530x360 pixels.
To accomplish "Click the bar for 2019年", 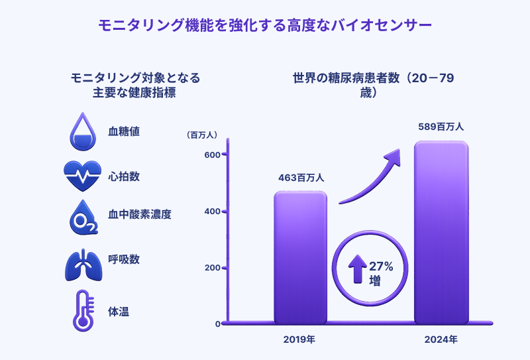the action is [x=300, y=257].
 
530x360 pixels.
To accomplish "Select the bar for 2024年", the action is [x=441, y=233].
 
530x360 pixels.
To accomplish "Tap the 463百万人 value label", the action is [x=301, y=178].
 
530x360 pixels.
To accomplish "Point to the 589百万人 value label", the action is [x=441, y=127].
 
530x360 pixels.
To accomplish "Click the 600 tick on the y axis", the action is [x=212, y=155].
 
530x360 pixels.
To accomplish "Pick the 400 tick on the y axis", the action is [x=212, y=211].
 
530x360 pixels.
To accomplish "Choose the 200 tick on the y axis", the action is [x=212, y=268].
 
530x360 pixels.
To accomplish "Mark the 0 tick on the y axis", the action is [x=218, y=324].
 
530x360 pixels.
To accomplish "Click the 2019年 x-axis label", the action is [x=299, y=339].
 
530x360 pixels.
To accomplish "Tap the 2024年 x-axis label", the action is [x=441, y=339].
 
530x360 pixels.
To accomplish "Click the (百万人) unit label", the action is [x=202, y=135].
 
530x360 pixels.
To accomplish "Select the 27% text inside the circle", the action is [x=381, y=267].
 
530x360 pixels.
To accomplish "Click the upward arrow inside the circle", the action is [x=358, y=269].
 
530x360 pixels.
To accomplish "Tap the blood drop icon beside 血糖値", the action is [x=83, y=132].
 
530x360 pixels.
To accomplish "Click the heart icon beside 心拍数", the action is [x=82, y=176].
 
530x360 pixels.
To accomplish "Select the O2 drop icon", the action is [x=83, y=217].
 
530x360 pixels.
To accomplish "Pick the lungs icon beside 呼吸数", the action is [x=83, y=265].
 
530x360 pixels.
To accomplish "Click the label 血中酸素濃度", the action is [x=140, y=215].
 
